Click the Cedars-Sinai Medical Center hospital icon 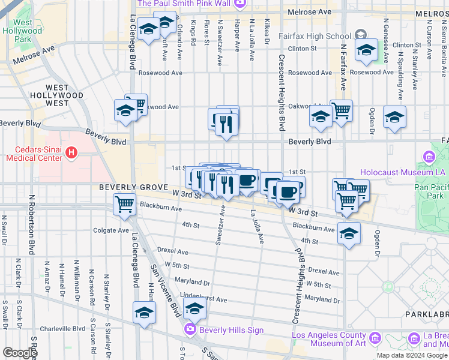coord(71,154)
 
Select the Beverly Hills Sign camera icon coord(190,329)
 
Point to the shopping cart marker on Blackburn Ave coord(124,205)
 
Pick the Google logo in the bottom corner coord(20,353)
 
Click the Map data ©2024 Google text coord(412,355)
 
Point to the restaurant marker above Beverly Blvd coord(226,124)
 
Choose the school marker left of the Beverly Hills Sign coord(144,313)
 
